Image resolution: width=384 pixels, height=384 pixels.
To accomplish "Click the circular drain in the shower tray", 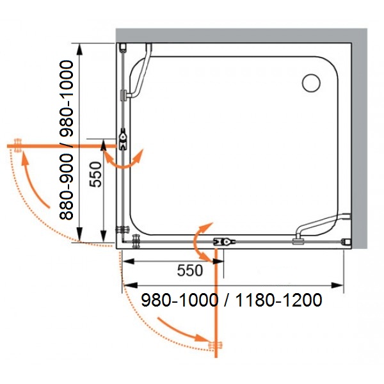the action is point(311,83).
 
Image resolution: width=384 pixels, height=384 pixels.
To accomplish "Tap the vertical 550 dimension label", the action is point(95,175).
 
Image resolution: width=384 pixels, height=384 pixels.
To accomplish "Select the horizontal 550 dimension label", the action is point(190,271).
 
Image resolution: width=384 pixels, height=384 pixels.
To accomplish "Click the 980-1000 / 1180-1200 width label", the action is point(232,300).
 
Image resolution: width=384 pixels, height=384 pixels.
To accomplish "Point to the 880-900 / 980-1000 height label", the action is point(67,140).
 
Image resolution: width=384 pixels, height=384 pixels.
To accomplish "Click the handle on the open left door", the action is point(18,145).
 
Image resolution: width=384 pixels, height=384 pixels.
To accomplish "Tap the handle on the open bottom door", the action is point(215,345).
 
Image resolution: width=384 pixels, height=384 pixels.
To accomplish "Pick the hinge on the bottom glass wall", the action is point(224,242).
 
